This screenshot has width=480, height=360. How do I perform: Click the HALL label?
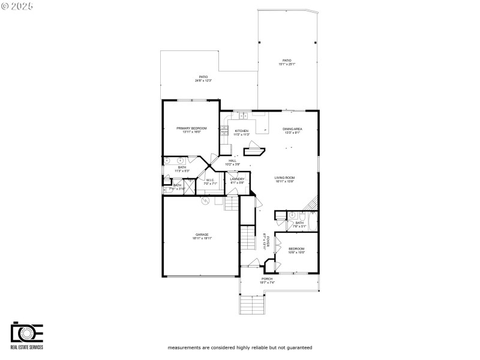(232, 161)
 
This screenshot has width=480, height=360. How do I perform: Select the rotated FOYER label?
(265, 241)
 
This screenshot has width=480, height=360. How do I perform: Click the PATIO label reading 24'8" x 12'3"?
(203, 78)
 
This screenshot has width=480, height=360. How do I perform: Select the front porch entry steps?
(252, 305)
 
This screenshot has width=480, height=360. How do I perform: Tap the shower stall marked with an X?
(188, 188)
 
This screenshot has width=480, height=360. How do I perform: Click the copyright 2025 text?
(17, 5)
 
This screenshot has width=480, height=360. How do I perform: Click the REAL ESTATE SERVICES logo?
(27, 337)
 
